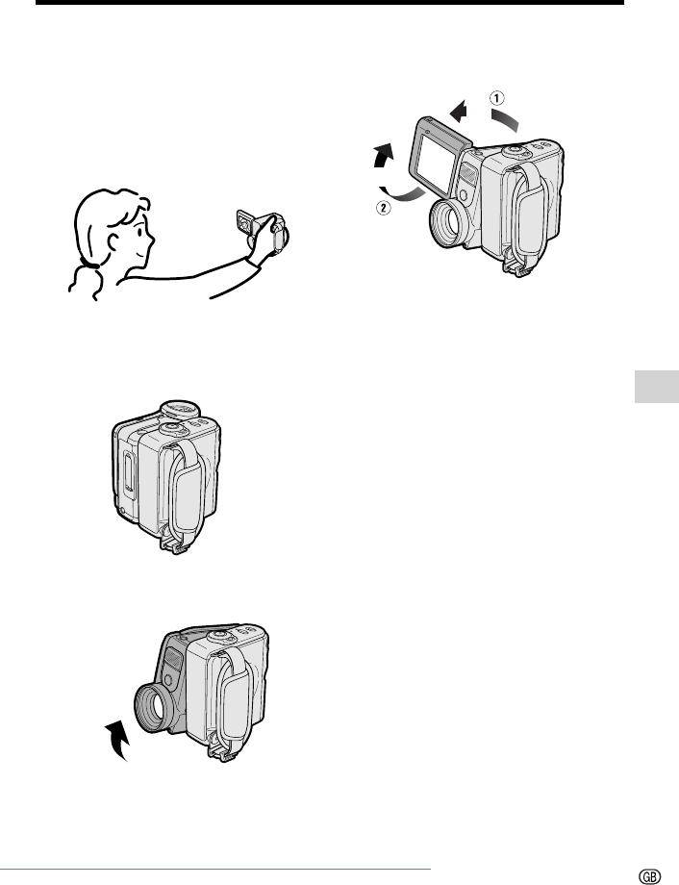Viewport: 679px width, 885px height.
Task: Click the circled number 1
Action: pyautogui.click(x=496, y=99)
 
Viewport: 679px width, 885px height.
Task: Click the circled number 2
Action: pyautogui.click(x=383, y=208)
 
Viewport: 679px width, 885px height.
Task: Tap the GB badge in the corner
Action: pyautogui.click(x=649, y=875)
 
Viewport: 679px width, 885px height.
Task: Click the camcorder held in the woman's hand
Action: pyautogui.click(x=263, y=232)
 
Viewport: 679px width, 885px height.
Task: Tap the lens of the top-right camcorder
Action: pyautogui.click(x=449, y=223)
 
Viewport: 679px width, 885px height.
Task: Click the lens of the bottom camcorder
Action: pyautogui.click(x=154, y=708)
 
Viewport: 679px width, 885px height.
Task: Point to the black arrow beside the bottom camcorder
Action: pyautogui.click(x=118, y=740)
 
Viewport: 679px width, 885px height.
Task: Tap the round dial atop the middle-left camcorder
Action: pyautogui.click(x=179, y=409)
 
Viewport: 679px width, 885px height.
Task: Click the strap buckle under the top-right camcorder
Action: pyautogui.click(x=516, y=267)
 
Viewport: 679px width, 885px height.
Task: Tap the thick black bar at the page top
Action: pyautogui.click(x=330, y=2)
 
